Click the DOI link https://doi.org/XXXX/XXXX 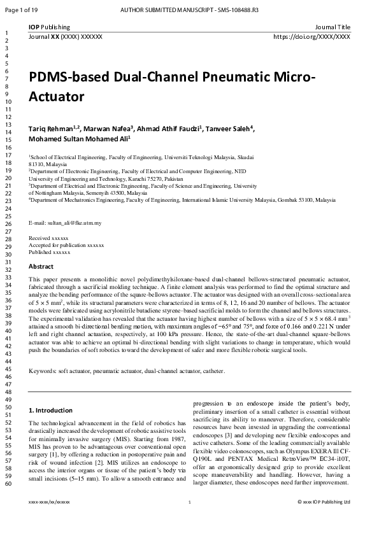[311, 37]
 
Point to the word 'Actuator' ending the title [57, 98]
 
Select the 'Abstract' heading [41, 267]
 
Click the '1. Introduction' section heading [52, 410]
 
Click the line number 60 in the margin [8, 484]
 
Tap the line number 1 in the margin [6, 33]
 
